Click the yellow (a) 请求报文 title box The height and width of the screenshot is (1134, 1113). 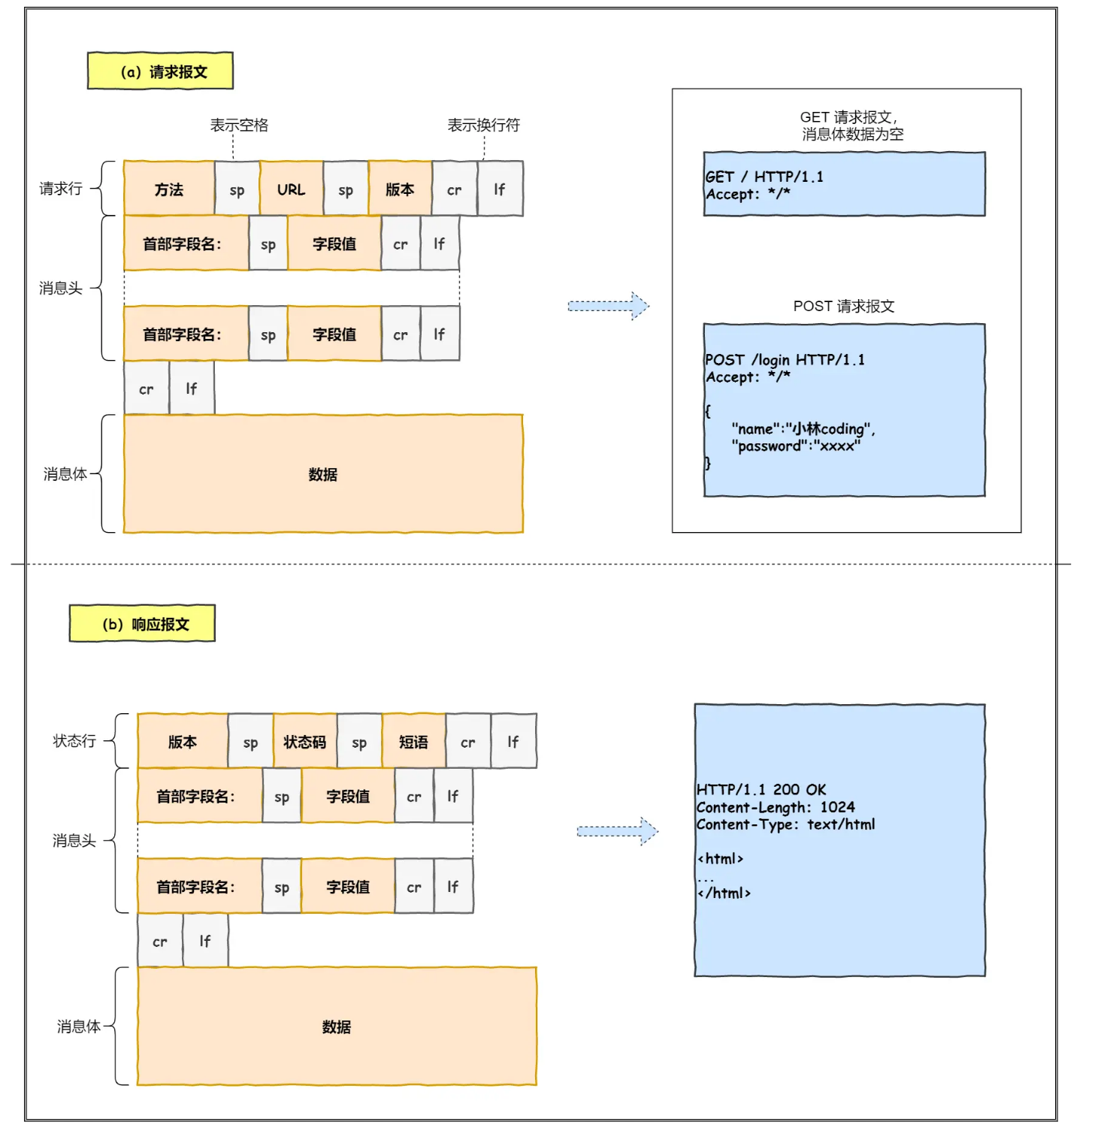point(160,71)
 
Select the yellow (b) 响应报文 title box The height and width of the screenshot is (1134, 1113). point(142,624)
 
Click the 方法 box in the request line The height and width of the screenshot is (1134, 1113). point(169,189)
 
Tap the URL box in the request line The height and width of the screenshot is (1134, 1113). point(292,189)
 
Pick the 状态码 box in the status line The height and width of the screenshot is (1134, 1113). point(304,742)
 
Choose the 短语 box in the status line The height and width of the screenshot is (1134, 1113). point(413,742)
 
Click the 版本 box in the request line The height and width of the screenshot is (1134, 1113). point(400,189)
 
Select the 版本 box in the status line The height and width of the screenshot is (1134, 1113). point(183,742)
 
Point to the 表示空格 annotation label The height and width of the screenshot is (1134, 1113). point(239,125)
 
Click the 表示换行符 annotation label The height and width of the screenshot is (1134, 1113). point(483,125)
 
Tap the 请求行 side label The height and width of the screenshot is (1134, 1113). point(61,189)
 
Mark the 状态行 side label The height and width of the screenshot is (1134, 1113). point(74,741)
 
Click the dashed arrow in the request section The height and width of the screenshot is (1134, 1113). point(608,306)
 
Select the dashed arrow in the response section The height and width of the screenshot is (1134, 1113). point(617,831)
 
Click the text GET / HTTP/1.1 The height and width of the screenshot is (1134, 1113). point(764,177)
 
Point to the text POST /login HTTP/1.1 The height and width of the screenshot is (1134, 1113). point(785,360)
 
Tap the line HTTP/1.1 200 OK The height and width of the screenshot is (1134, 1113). point(761,790)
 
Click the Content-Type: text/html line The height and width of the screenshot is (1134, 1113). point(785,824)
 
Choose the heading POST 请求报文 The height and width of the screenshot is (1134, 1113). point(844,306)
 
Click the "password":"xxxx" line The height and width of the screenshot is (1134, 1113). point(797,446)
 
